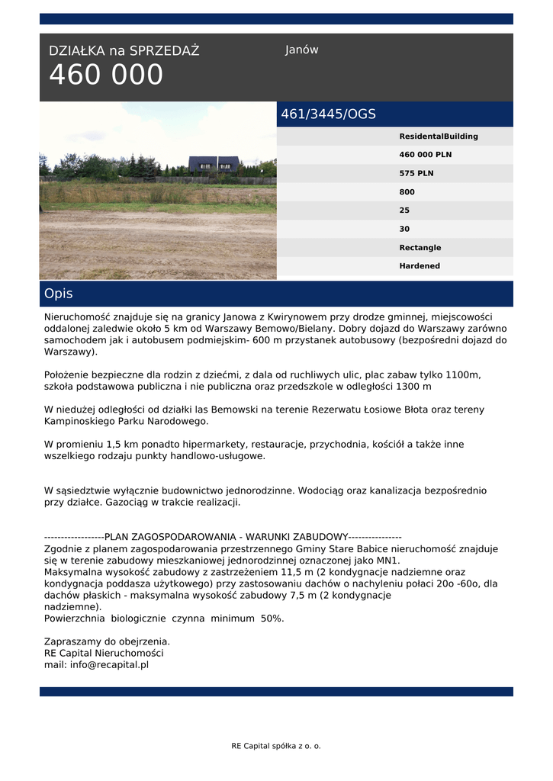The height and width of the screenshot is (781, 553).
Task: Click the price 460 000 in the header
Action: pos(106,76)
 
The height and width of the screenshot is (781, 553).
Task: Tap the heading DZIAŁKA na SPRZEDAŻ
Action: pos(124,51)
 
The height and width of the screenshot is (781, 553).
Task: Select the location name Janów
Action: pos(301,50)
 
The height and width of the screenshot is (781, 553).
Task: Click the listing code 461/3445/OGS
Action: pos(328,114)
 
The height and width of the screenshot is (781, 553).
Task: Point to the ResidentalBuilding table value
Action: pos(439,137)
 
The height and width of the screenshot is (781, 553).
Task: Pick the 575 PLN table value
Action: pos(416,173)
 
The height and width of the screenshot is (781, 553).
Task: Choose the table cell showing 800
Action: pos(407,192)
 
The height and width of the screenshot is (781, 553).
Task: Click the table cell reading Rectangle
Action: pos(420,248)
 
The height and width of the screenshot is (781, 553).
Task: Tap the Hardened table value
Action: pos(420,266)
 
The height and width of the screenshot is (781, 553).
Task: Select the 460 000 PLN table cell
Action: pos(426,155)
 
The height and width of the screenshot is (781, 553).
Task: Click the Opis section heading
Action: pos(59,294)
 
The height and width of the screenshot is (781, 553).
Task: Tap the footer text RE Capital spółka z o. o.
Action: pos(276,746)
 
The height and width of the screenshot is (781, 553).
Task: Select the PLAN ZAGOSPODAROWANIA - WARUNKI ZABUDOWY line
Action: pos(223,537)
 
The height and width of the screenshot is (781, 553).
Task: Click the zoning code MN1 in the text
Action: pos(389,560)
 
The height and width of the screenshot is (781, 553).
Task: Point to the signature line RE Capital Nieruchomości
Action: pos(104,654)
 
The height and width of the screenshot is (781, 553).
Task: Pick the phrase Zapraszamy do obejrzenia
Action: pos(107,641)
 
